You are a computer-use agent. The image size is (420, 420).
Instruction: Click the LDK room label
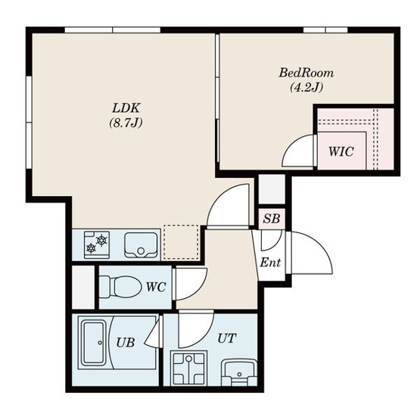click(126, 108)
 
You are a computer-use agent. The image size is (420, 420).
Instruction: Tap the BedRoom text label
click(306, 73)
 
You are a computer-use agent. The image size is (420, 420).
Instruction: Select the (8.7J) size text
click(126, 123)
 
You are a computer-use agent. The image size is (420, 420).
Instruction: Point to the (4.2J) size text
click(306, 87)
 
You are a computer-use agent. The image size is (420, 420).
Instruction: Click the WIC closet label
click(341, 151)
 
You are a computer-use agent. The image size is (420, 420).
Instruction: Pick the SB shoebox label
click(272, 219)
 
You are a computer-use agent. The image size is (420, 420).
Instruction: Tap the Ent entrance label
click(270, 263)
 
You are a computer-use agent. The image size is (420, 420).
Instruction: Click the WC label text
click(156, 287)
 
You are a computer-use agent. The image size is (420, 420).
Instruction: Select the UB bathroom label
click(125, 342)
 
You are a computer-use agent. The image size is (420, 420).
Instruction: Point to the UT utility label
click(226, 338)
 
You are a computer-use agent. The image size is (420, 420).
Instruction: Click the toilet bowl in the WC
click(120, 287)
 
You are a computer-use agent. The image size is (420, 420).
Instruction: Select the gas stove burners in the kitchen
click(97, 244)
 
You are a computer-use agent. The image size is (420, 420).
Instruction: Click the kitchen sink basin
click(141, 245)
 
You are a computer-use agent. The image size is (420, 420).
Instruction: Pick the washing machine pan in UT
click(189, 368)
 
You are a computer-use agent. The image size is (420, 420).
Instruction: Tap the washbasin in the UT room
click(239, 373)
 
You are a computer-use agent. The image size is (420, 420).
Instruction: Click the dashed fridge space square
click(181, 242)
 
